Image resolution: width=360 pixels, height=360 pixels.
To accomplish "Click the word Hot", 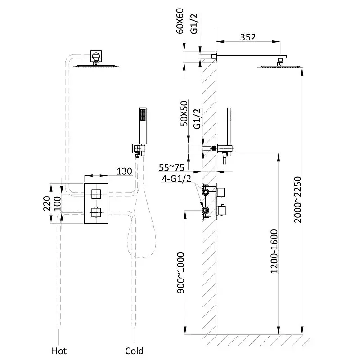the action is [x=59, y=351].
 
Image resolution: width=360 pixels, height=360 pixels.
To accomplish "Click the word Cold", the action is [x=134, y=351].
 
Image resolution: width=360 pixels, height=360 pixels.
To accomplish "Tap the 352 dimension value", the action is [x=248, y=37].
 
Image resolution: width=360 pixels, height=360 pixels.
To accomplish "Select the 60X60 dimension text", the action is [x=180, y=21].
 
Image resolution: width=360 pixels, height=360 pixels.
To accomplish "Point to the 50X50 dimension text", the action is [x=184, y=114].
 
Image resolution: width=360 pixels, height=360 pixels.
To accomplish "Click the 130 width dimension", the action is [x=125, y=171].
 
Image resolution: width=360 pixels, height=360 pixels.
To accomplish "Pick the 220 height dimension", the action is [x=47, y=203].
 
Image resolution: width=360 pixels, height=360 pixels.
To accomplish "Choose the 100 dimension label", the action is [x=57, y=204].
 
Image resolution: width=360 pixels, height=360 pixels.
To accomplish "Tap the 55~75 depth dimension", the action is [x=172, y=168].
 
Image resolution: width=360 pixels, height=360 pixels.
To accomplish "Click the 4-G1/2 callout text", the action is [x=176, y=179].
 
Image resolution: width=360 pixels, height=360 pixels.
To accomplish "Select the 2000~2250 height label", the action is [x=297, y=199].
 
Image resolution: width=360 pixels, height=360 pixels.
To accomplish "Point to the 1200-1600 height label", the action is [x=274, y=251].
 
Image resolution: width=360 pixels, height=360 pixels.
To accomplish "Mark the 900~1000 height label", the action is [x=181, y=273].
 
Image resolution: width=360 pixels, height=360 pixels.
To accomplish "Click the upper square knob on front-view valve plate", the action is [x=96, y=194].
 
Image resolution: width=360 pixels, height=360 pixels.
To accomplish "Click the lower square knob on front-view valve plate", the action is [x=96, y=212].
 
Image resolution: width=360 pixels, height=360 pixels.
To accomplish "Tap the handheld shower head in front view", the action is [x=143, y=126].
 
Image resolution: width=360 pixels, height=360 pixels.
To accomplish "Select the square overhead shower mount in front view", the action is [x=96, y=56].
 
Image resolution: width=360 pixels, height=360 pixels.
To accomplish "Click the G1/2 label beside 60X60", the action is [x=194, y=24].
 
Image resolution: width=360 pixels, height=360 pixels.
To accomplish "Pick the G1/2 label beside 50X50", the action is [x=197, y=119].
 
